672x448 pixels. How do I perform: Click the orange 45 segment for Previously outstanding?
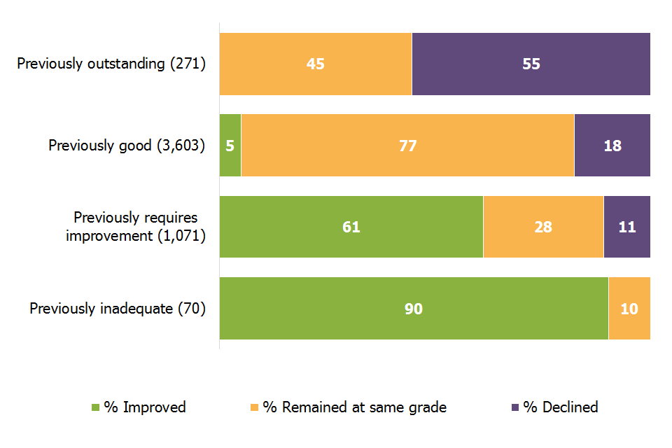(316, 64)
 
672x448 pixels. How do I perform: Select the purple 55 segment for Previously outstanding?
(531, 64)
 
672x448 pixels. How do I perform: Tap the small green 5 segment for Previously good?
(230, 146)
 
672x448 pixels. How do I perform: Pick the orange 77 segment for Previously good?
(407, 146)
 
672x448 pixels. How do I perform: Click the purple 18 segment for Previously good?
(612, 146)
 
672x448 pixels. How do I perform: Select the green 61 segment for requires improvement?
(351, 227)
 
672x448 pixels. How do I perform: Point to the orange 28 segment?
(543, 227)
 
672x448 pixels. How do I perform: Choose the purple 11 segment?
(627, 227)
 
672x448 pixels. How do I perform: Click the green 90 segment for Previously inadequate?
(414, 309)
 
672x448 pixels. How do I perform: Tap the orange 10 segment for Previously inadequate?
(629, 309)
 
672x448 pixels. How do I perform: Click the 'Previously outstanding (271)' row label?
(111, 64)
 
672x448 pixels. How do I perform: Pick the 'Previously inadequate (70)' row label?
(118, 309)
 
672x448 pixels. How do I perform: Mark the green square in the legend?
(97, 407)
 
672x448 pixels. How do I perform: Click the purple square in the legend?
(516, 407)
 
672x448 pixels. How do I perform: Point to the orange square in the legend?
(255, 407)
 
